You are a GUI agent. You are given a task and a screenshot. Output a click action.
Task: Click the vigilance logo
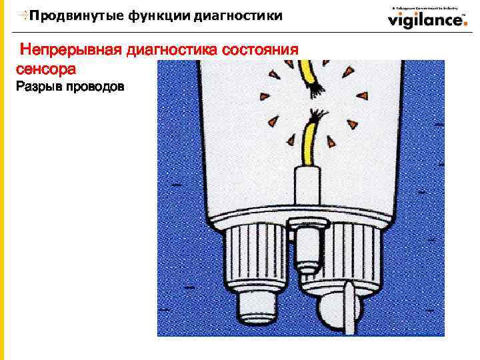pyautogui.click(x=427, y=19)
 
